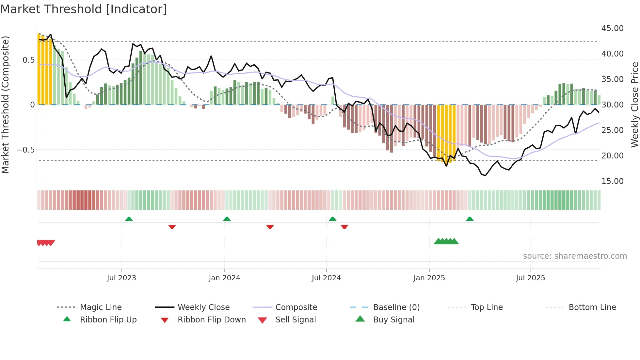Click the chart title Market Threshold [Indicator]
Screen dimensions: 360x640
84,9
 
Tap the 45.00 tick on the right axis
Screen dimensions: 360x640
612,28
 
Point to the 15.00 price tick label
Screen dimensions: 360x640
612,181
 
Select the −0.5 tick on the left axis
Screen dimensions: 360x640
25,150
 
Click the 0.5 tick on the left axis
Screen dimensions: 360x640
28,60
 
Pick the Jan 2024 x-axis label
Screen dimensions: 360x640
224,278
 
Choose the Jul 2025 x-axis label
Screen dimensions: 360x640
530,278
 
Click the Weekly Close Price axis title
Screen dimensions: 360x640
634,105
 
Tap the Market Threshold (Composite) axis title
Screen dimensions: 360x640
5,105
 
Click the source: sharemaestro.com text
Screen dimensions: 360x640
575,256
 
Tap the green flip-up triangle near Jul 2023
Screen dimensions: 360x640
129,219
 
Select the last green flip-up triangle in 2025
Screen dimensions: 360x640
470,219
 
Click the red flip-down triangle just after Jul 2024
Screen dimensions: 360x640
344,227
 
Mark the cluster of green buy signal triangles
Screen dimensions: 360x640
446,241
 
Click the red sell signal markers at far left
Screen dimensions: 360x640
46,243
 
